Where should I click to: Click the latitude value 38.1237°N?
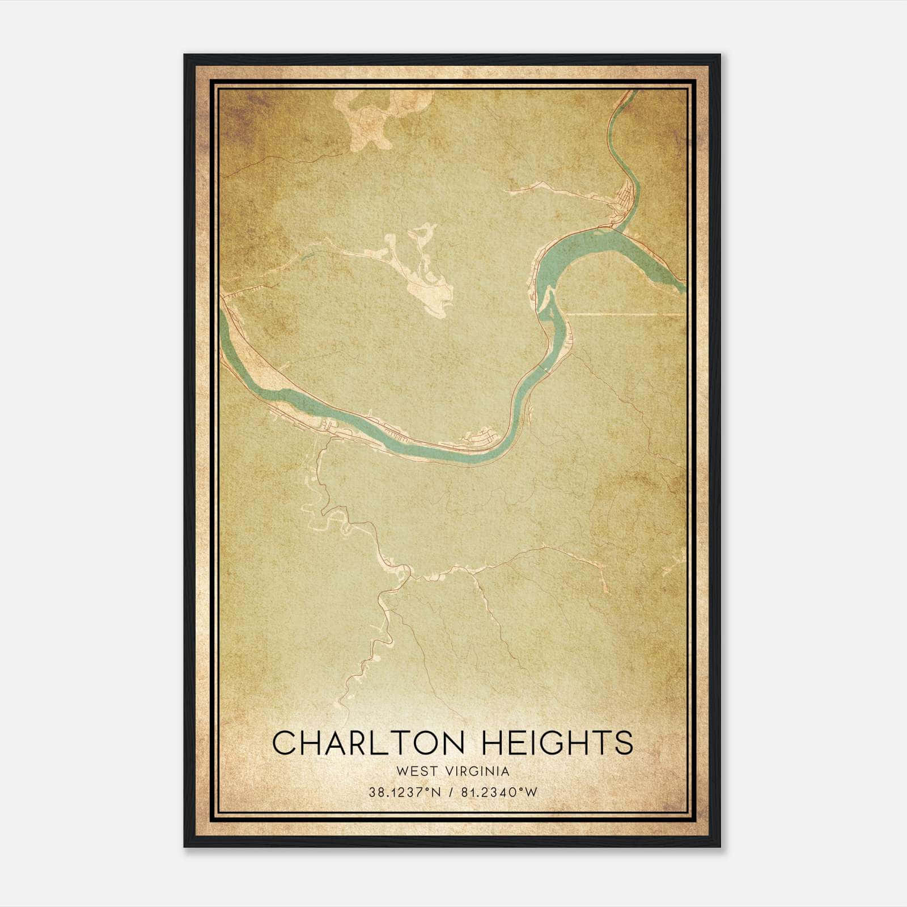pyautogui.click(x=405, y=792)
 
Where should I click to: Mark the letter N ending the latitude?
pyautogui.click(x=436, y=792)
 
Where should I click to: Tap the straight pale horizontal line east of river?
pyautogui.click(x=624, y=314)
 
